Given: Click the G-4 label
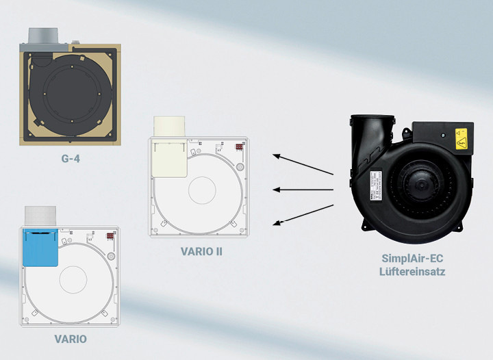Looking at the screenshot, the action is (x=71, y=158).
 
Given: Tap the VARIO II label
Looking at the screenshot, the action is (x=201, y=251).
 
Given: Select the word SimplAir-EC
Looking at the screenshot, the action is (x=412, y=258).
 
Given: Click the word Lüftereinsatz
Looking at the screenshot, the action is (x=412, y=271).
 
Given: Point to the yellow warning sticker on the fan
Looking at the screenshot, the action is (x=461, y=139).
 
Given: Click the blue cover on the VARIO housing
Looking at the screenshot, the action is (x=40, y=248).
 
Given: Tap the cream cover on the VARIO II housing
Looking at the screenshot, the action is (x=170, y=158).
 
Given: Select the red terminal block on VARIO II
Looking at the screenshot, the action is (x=240, y=146).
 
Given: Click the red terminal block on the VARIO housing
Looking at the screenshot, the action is (x=110, y=235).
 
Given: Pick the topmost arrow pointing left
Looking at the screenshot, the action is (x=303, y=164).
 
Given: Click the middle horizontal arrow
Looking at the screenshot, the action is (x=303, y=190).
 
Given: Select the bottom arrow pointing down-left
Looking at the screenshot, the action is (x=303, y=215).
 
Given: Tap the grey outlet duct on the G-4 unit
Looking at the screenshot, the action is (x=43, y=36).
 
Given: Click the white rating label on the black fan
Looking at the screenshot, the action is (x=376, y=186).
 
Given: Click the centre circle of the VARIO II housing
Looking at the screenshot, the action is (x=202, y=190).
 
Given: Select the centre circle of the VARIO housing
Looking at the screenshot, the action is (x=73, y=279).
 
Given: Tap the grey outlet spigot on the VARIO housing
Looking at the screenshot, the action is (x=40, y=216).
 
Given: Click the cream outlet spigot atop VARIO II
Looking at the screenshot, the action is (x=169, y=127).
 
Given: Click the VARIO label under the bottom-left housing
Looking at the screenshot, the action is (x=71, y=339).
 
